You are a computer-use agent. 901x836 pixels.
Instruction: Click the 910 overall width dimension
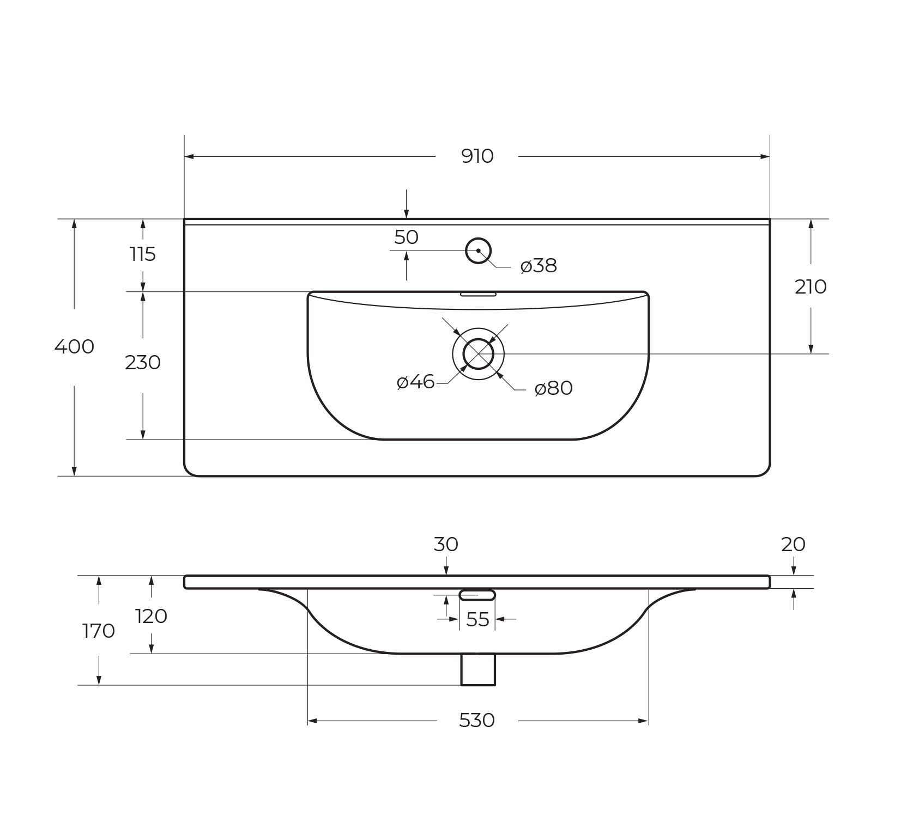tap(477, 156)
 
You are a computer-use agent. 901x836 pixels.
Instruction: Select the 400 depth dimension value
tap(74, 346)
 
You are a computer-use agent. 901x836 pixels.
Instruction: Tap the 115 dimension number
tap(143, 254)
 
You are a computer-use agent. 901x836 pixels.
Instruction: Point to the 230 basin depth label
tap(143, 362)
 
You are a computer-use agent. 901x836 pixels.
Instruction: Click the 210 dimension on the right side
tap(811, 286)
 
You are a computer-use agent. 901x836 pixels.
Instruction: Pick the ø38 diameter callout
tap(539, 266)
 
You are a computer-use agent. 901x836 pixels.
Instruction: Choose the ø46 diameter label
tap(416, 382)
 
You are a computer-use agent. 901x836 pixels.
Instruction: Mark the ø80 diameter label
tap(554, 388)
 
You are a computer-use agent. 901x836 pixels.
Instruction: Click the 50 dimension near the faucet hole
tap(406, 237)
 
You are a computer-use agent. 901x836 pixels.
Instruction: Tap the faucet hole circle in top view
tap(479, 239)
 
